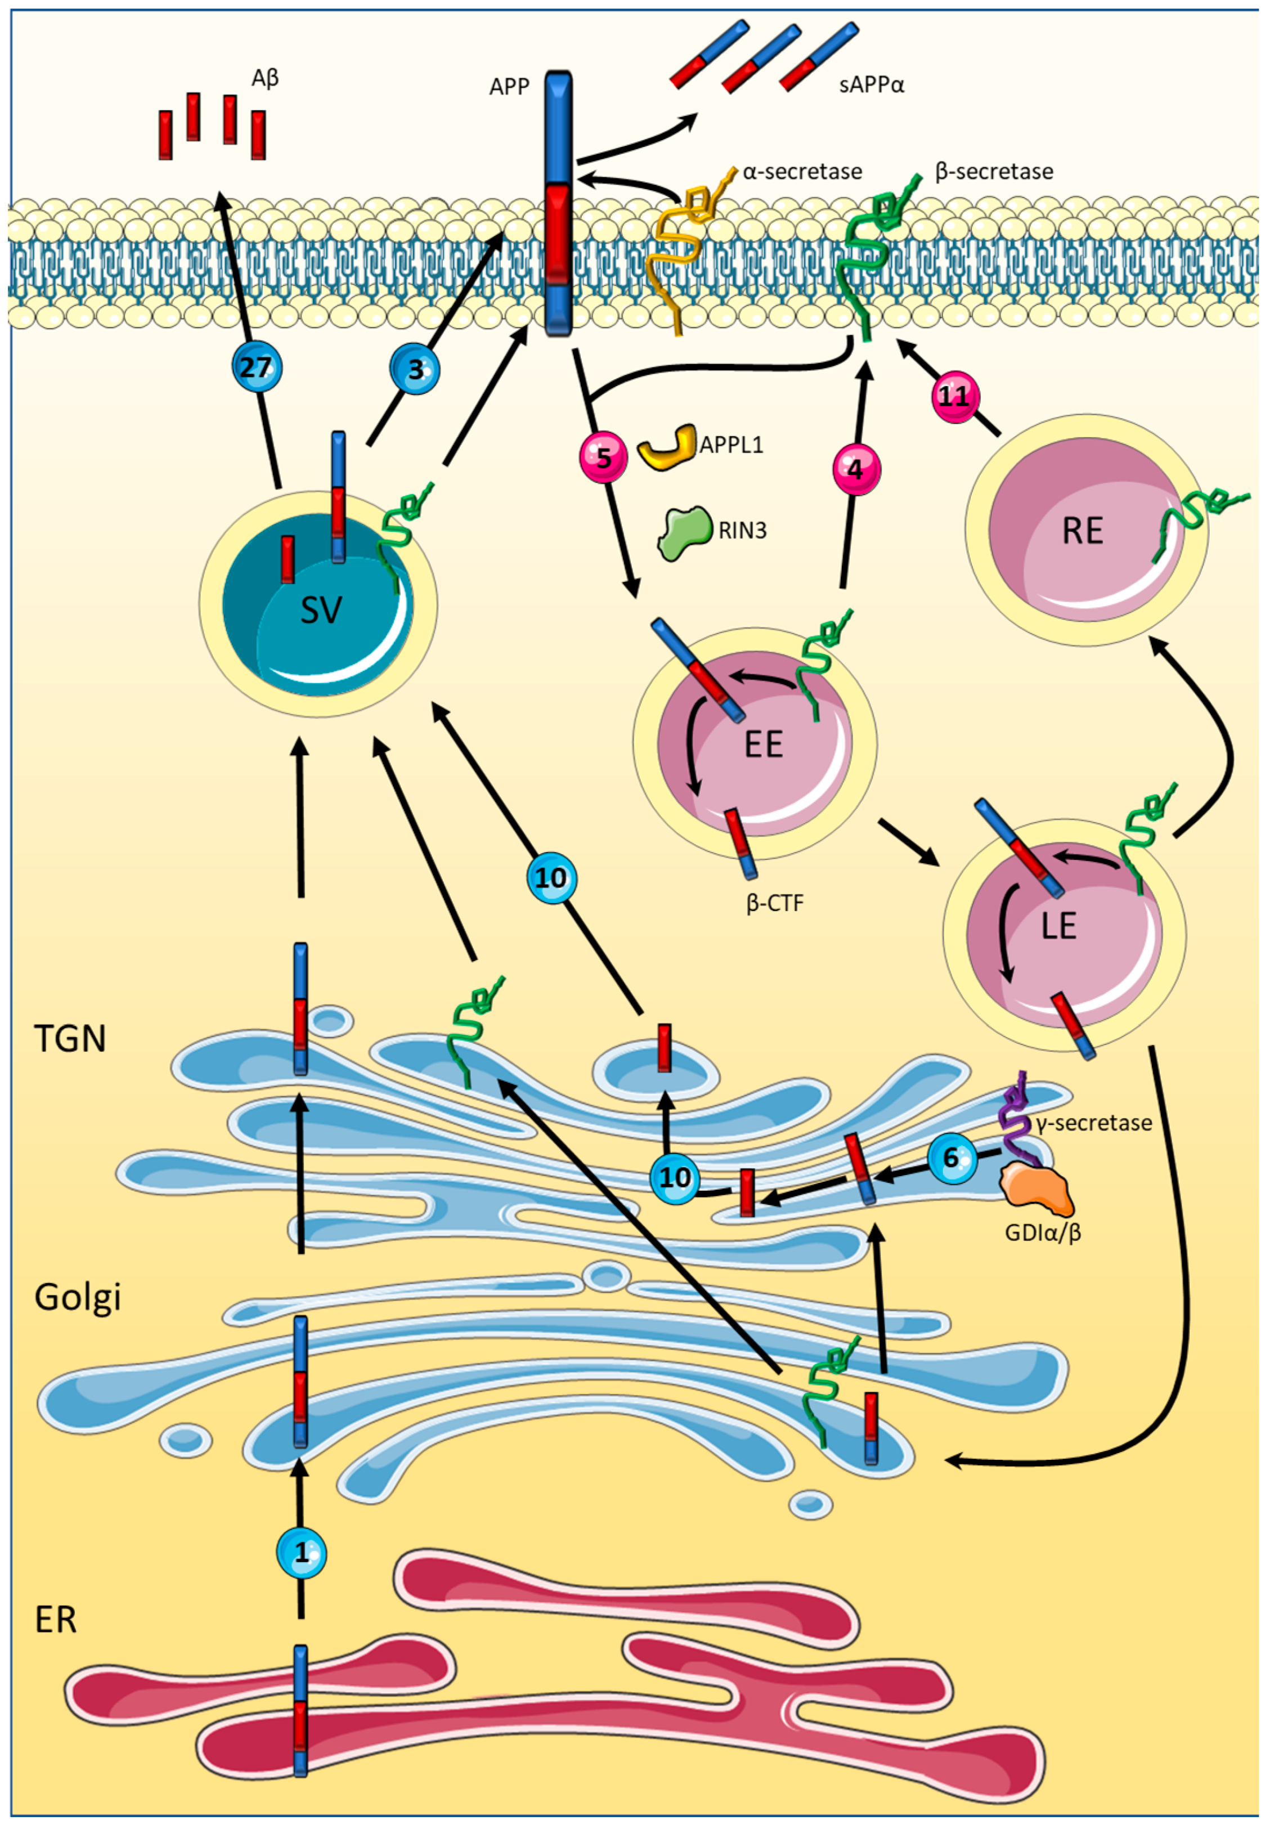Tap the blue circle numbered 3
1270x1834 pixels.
tap(415, 369)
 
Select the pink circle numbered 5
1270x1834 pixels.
tap(603, 458)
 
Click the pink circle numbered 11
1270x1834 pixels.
tap(955, 396)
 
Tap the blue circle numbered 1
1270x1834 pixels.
tap(302, 1552)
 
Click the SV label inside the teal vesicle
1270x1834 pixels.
tap(321, 610)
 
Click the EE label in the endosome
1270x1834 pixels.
tap(763, 744)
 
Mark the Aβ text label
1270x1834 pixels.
tap(265, 79)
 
